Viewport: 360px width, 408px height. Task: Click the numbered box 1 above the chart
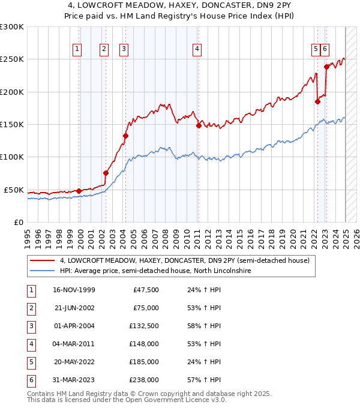coord(78,50)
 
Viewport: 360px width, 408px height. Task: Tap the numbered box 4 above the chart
coord(197,50)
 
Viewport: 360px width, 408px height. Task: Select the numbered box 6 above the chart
coord(325,50)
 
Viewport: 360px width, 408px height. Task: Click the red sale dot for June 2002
coord(106,173)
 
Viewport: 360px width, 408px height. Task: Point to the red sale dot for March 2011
coord(199,125)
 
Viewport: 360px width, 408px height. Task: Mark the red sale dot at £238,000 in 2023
coord(326,67)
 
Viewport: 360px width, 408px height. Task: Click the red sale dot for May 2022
coord(317,101)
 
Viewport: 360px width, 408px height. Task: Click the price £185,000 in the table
coord(145,362)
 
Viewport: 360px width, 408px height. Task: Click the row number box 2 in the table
coord(31,308)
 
